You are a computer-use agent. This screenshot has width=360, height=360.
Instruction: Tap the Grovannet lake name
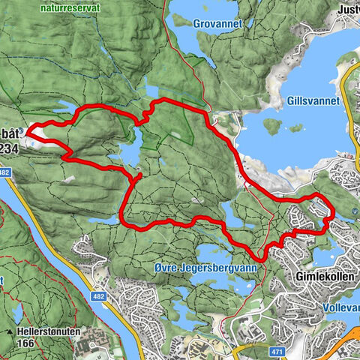point(217,23)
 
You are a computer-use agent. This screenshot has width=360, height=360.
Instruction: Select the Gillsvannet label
point(312,100)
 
